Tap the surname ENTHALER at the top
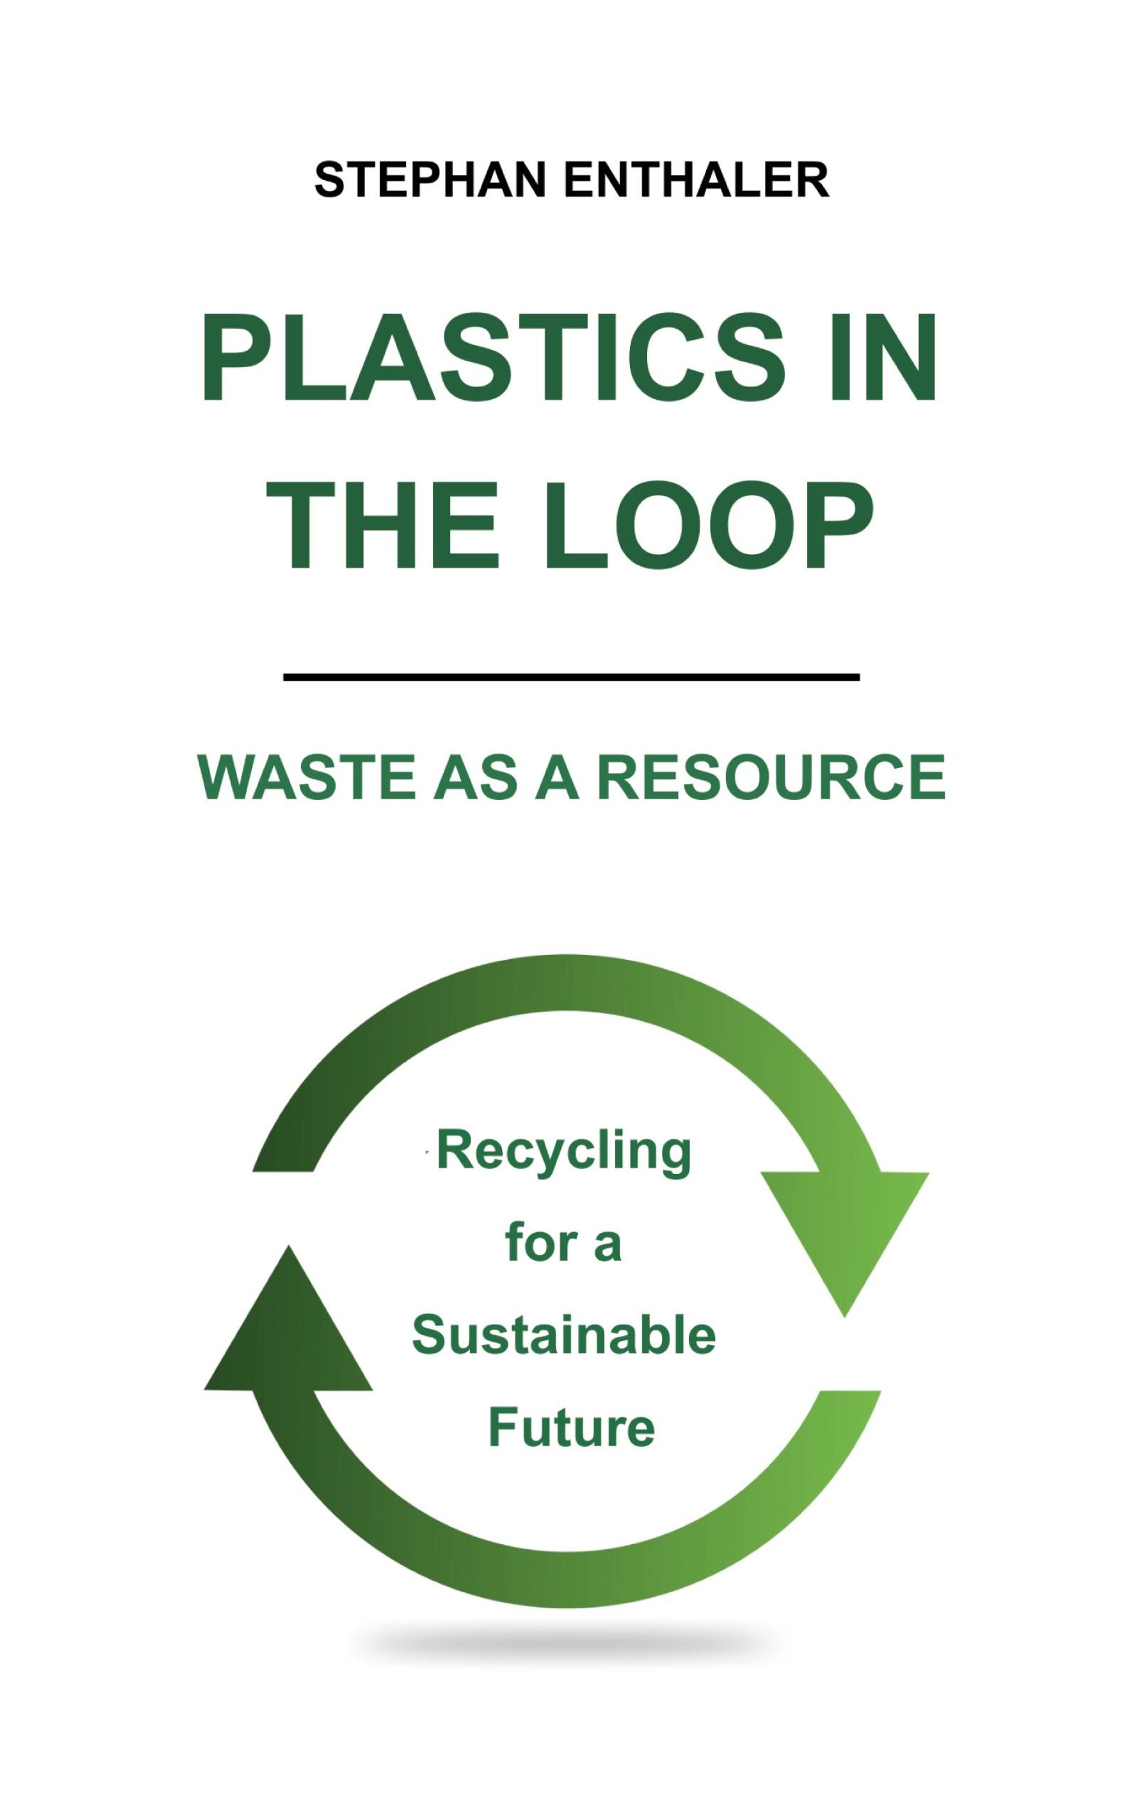[x=696, y=180]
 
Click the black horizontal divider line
[x=571, y=678]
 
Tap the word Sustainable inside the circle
[x=564, y=1334]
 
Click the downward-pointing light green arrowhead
[x=845, y=1244]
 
